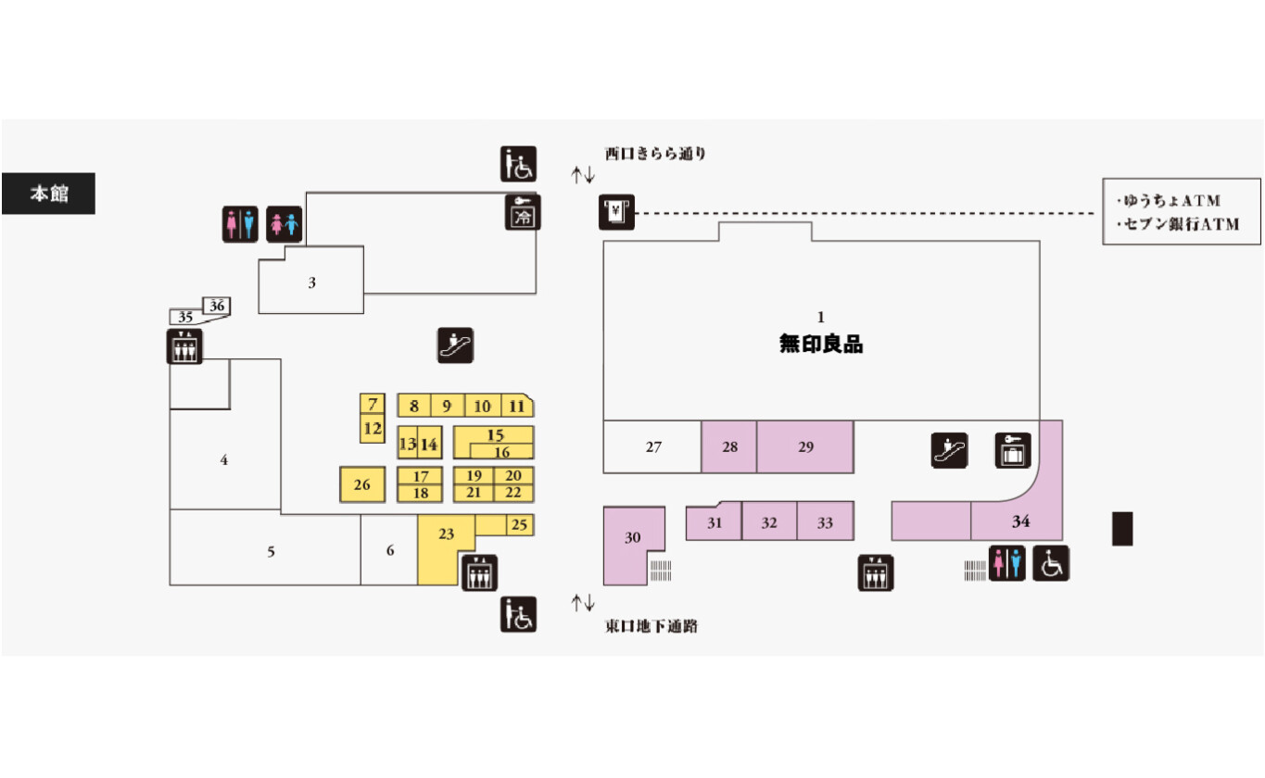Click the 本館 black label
pyautogui.click(x=48, y=194)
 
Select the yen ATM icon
pyautogui.click(x=616, y=213)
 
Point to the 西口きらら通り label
pyautogui.click(x=655, y=155)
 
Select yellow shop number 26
pyautogui.click(x=362, y=484)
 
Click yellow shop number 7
pyautogui.click(x=373, y=404)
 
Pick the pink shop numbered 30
pyautogui.click(x=632, y=537)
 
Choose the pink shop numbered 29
pyautogui.click(x=805, y=446)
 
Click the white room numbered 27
pyautogui.click(x=653, y=446)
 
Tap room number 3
pyautogui.click(x=311, y=282)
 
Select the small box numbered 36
pyautogui.click(x=217, y=306)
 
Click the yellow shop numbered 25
pyautogui.click(x=519, y=525)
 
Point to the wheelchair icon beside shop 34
pyautogui.click(x=1051, y=563)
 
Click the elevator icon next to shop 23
pyautogui.click(x=479, y=573)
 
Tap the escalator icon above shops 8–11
pyautogui.click(x=456, y=345)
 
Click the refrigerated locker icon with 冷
pyautogui.click(x=524, y=213)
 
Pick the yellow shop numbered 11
pyautogui.click(x=517, y=406)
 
